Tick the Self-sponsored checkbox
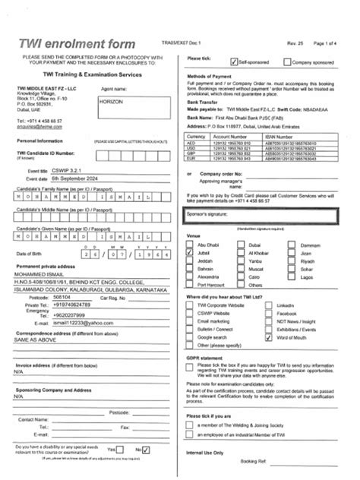pos(234,58)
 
